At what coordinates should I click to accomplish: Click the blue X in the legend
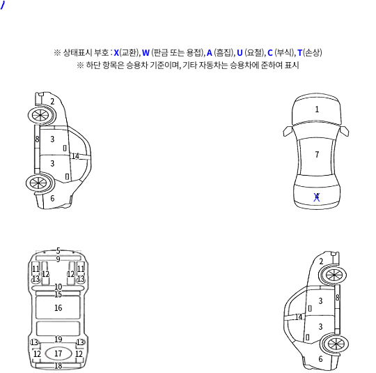click(x=116, y=52)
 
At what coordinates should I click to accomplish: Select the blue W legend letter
click(x=146, y=52)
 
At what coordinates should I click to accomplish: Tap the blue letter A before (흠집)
click(x=210, y=52)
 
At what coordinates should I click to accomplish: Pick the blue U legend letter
click(x=240, y=52)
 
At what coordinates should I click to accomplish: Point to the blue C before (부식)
click(x=270, y=52)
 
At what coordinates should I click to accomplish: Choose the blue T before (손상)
click(x=299, y=52)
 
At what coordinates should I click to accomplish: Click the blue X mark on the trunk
click(x=317, y=197)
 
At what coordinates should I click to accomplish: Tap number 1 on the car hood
click(x=317, y=109)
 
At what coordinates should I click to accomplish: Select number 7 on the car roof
click(x=317, y=154)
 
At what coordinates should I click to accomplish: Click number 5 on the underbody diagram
click(x=58, y=251)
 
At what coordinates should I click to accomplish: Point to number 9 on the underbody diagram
click(x=58, y=259)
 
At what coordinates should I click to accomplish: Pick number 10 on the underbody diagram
click(x=58, y=287)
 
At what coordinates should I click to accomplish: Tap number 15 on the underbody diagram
click(x=58, y=294)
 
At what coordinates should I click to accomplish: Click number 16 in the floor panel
click(x=58, y=308)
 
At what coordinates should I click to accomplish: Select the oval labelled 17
click(x=58, y=353)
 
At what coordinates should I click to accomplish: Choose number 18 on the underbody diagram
click(x=58, y=366)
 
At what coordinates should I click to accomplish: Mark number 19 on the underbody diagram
click(x=58, y=340)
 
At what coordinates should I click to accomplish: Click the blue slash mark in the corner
click(x=2, y=5)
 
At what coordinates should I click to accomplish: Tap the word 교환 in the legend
click(x=129, y=52)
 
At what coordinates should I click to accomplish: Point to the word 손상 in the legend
click(x=312, y=52)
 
